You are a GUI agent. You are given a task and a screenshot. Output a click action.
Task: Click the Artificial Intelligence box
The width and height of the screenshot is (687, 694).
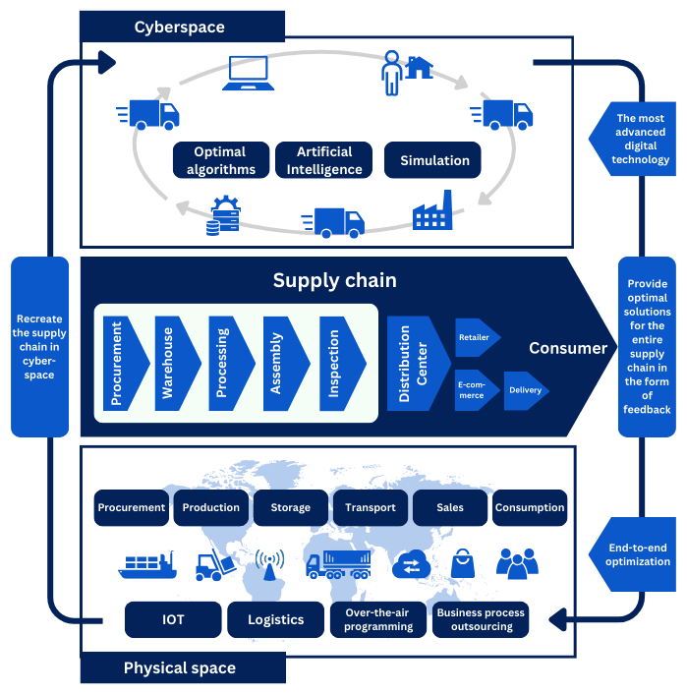pyautogui.click(x=325, y=160)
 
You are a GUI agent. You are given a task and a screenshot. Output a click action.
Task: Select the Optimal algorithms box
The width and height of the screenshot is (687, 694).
pyautogui.click(x=221, y=160)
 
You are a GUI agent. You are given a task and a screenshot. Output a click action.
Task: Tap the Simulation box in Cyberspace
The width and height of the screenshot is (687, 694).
pyautogui.click(x=434, y=160)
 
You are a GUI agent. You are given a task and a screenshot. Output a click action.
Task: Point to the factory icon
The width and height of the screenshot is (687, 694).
pyautogui.click(x=431, y=211)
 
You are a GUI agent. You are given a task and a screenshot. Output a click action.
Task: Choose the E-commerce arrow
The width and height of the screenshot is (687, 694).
pyautogui.click(x=476, y=389)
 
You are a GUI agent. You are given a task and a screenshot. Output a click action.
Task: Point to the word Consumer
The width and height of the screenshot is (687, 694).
pyautogui.click(x=568, y=348)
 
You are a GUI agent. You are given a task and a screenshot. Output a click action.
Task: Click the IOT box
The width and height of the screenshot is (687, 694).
pyautogui.click(x=172, y=619)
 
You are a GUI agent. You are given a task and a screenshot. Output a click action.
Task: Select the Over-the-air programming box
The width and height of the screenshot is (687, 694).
pyautogui.click(x=378, y=619)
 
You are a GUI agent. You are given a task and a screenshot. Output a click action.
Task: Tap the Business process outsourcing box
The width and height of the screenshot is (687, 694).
pyautogui.click(x=481, y=619)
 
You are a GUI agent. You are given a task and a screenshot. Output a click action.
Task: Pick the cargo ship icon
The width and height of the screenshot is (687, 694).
pyautogui.click(x=147, y=564)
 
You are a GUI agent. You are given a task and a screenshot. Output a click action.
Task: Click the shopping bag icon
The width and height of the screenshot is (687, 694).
pyautogui.click(x=462, y=564)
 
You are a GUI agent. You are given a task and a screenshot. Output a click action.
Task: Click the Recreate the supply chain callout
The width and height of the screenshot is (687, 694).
pyautogui.click(x=40, y=347)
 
